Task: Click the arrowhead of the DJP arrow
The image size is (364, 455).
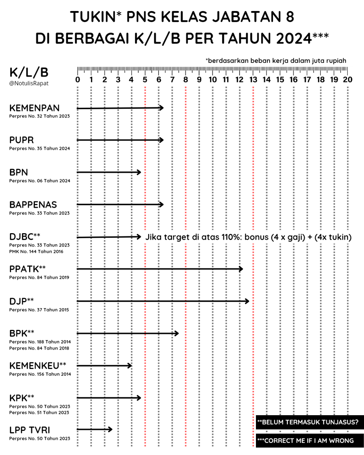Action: pyautogui.click(x=248, y=301)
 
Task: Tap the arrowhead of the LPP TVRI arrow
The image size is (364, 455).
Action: pyautogui.click(x=111, y=429)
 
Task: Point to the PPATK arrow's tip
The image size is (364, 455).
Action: pyautogui.click(x=241, y=269)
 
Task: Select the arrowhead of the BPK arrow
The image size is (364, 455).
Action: pyautogui.click(x=177, y=333)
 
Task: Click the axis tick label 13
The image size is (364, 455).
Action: pyautogui.click(x=253, y=80)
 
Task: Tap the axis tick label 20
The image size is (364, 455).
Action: pyautogui.click(x=347, y=80)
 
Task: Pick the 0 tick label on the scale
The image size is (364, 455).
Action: pyautogui.click(x=78, y=80)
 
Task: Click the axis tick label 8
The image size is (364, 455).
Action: pyautogui.click(x=185, y=80)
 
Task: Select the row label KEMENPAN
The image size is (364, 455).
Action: pyautogui.click(x=34, y=108)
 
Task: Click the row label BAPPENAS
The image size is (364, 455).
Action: pyautogui.click(x=33, y=205)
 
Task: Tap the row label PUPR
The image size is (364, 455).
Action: pyautogui.click(x=22, y=140)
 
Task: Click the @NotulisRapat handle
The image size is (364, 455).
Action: pyautogui.click(x=29, y=83)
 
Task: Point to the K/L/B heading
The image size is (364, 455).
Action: pyautogui.click(x=29, y=72)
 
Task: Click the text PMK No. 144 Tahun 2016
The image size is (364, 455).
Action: pyautogui.click(x=36, y=251)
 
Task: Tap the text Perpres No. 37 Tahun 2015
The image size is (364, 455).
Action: pyautogui.click(x=39, y=310)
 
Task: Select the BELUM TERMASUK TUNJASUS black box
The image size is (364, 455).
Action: pyautogui.click(x=307, y=422)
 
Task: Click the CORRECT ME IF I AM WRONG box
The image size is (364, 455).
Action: pyautogui.click(x=307, y=441)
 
